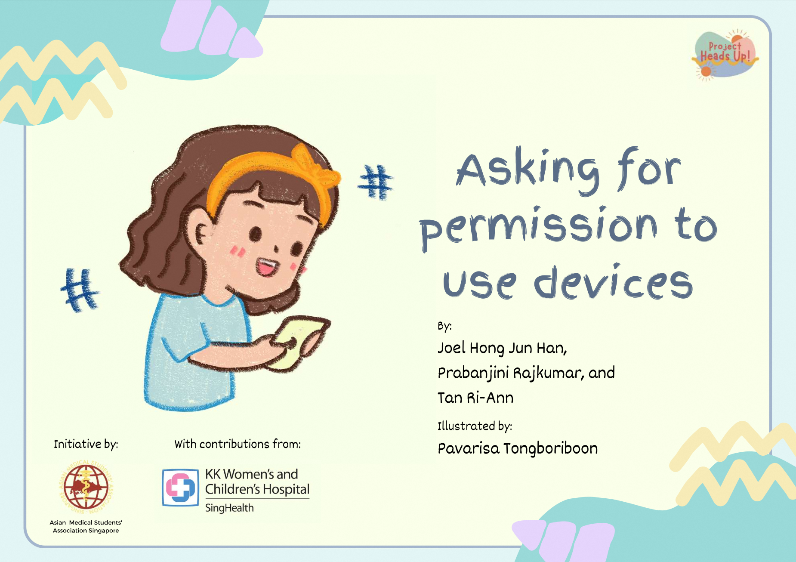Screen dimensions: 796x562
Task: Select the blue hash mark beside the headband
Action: tap(375, 182)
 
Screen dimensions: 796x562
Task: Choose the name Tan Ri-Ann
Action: tap(475, 398)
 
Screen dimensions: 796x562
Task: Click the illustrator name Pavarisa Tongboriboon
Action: tap(518, 448)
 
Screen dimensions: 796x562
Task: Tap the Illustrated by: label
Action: tap(475, 426)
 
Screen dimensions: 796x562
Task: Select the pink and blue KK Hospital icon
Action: tap(181, 488)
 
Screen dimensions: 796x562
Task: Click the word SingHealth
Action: tap(229, 508)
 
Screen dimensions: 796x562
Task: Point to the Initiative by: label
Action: tap(86, 444)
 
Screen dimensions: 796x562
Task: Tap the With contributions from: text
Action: tap(238, 444)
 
